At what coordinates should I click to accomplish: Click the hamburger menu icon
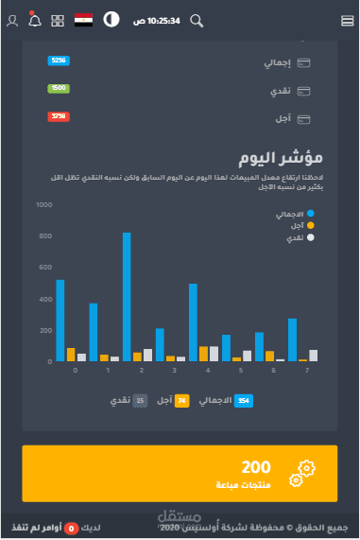[x=346, y=20]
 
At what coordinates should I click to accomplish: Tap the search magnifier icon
[x=197, y=20]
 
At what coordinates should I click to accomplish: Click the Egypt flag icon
[x=83, y=20]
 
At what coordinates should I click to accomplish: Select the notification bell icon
[x=35, y=20]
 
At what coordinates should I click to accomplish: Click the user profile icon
[x=12, y=20]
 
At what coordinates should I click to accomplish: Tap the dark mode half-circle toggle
[x=111, y=20]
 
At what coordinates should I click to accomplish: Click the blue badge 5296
[x=58, y=61]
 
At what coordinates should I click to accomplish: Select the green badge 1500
[x=58, y=88]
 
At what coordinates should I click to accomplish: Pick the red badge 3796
[x=58, y=116]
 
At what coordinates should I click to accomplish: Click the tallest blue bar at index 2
[x=127, y=296]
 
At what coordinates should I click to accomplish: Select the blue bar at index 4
[x=193, y=322]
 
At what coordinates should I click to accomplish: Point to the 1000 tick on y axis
[x=43, y=204]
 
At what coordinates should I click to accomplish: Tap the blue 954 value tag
[x=243, y=401]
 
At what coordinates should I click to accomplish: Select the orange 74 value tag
[x=182, y=401]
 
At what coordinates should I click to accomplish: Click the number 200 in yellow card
[x=255, y=467]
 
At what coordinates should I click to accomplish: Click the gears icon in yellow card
[x=304, y=473]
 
